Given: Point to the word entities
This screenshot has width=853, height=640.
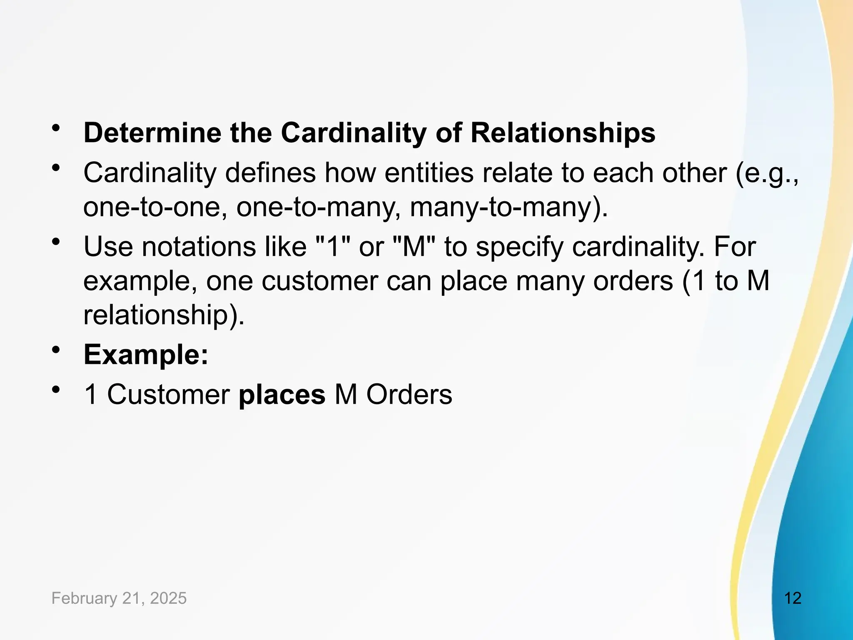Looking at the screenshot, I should click(x=429, y=173).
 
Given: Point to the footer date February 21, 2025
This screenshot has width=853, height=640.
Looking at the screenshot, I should click(x=119, y=598).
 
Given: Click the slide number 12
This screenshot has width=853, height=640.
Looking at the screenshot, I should click(x=793, y=598).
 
